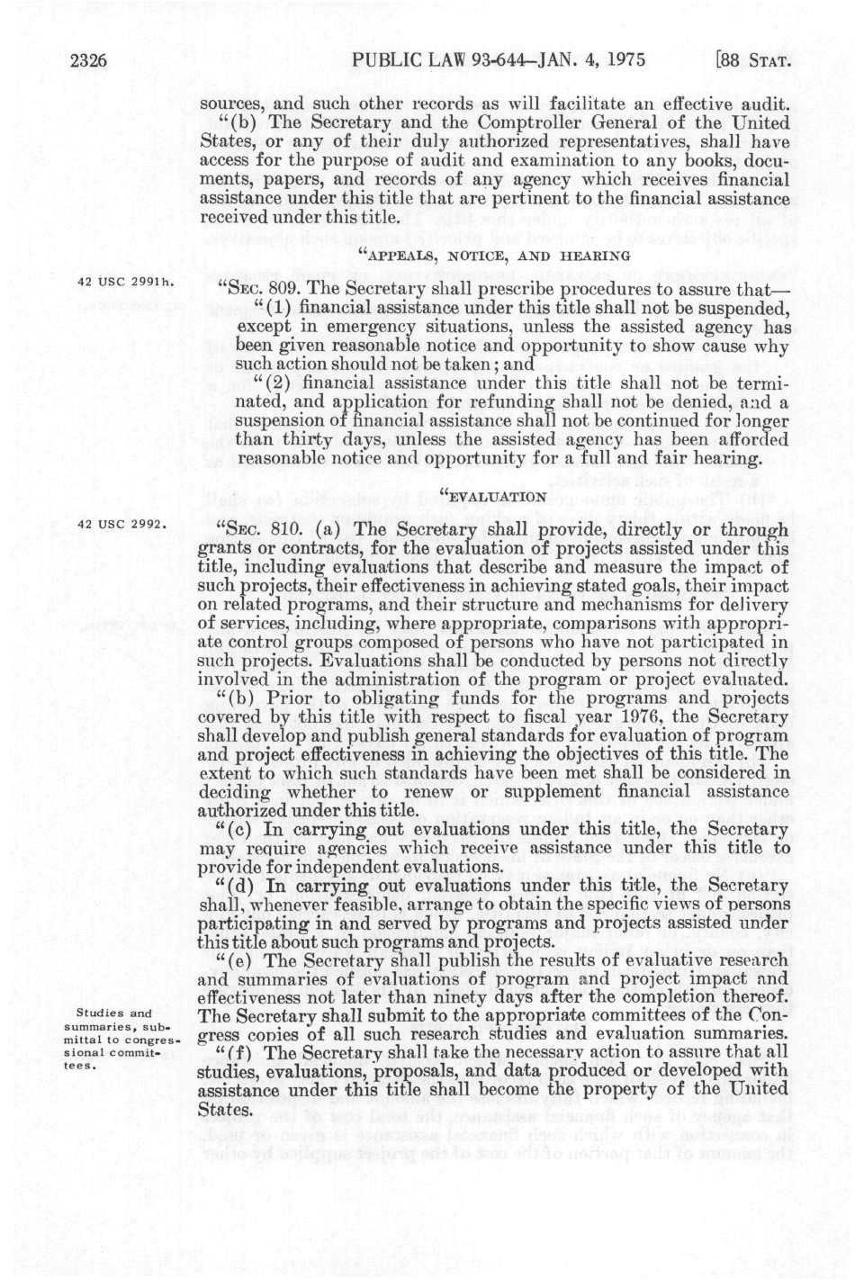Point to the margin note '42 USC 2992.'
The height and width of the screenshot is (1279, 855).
click(x=123, y=524)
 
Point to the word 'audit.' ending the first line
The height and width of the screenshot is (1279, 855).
click(x=763, y=102)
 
